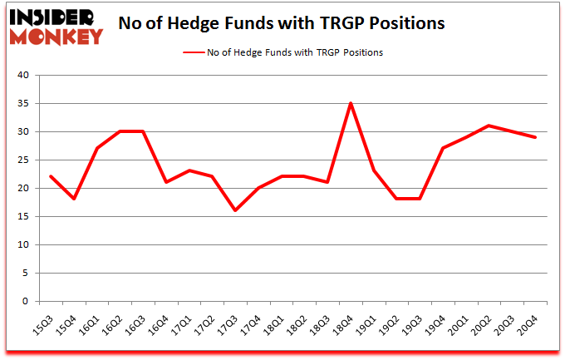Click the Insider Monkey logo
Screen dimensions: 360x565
57,26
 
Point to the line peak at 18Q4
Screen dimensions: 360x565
351,103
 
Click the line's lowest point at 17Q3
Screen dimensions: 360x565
235,210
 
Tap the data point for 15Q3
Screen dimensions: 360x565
51,176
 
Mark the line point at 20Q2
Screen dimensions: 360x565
489,126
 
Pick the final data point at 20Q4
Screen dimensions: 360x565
536,137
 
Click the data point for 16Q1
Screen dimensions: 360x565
97,148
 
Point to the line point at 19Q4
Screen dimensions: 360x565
443,148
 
